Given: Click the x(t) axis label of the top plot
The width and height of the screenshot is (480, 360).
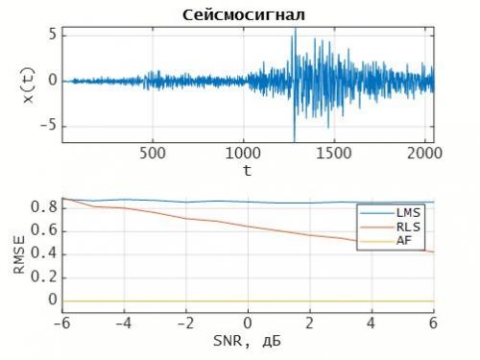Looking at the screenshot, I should coord(28,81).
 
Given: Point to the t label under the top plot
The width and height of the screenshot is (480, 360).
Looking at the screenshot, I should coord(247,170).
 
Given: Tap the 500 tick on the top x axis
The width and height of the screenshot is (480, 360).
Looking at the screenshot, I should coord(154,152).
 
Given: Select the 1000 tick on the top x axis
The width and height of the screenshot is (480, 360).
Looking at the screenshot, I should coord(245,152).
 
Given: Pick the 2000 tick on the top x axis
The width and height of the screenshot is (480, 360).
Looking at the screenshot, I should coord(427,152).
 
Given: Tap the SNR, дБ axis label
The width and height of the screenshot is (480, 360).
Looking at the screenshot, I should coord(247,340).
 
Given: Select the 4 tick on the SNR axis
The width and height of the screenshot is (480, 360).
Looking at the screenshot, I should coord(372,321).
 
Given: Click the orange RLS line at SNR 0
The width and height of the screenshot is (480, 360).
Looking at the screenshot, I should coord(248,228).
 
